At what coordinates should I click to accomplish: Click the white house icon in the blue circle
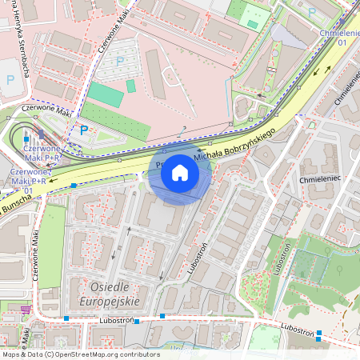click(180, 172)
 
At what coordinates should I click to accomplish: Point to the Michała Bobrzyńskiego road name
click(232, 143)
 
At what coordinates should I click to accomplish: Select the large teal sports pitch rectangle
click(105, 94)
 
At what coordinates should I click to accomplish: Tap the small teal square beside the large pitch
click(130, 86)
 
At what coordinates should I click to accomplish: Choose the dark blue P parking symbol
click(83, 130)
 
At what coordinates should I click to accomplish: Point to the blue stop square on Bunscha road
click(74, 186)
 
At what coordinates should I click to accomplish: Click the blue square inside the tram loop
click(26, 139)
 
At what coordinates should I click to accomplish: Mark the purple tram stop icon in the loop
click(40, 134)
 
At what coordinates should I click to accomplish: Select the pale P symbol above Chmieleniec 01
click(311, 12)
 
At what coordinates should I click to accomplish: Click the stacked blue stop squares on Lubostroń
click(318, 335)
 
